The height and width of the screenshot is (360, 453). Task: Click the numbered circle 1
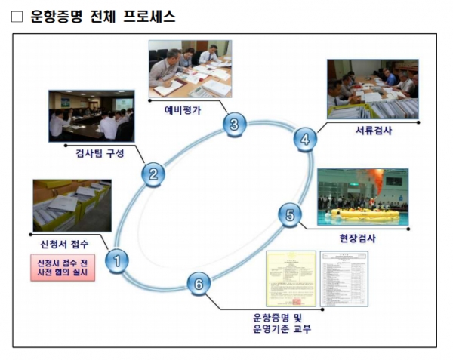tap(117, 260)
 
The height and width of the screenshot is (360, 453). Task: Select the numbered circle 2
tap(153, 175)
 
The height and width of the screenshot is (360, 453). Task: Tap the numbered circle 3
tap(234, 125)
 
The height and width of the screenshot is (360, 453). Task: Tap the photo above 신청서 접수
tap(72, 205)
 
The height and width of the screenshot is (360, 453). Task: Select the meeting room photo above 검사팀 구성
tap(91, 115)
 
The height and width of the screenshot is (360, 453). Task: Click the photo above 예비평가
tap(190, 69)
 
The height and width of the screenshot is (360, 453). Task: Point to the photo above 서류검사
tap(372, 89)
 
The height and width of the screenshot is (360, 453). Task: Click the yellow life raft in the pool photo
tap(365, 214)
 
